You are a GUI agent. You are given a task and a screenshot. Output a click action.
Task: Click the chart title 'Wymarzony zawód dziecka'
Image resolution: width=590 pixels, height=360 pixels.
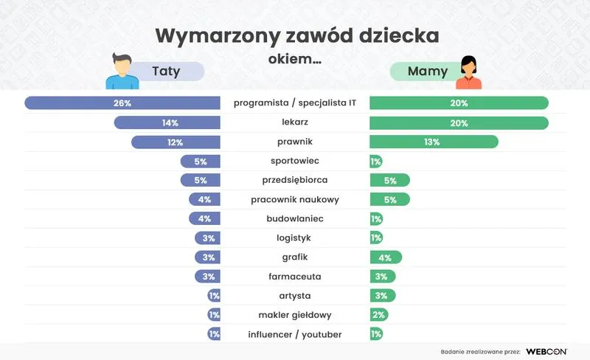point(297,36)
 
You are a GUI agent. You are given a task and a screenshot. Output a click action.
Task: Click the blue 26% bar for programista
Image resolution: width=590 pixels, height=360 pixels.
point(122,103)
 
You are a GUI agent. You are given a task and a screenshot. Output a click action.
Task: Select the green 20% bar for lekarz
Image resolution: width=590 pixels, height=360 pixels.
point(459,122)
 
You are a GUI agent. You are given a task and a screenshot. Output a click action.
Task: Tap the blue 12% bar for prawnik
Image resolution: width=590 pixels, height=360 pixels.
point(176,142)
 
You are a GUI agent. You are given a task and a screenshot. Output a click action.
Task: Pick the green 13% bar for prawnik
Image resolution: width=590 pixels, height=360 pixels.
point(434,142)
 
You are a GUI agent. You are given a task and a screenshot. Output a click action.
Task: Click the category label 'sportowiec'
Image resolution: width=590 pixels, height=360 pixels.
point(295,161)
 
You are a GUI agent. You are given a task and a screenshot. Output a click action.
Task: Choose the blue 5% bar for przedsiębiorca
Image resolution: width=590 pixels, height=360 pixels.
point(201,180)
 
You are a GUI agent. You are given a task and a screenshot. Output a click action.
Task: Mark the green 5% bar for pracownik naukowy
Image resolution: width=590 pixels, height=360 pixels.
point(389,199)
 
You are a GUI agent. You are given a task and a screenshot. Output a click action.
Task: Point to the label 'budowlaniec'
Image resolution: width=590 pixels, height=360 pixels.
point(295,219)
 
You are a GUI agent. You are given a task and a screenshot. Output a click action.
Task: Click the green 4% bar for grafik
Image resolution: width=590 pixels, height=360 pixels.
point(386,257)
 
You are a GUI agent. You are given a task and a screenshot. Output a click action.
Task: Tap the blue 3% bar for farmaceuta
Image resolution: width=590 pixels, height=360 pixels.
point(207,277)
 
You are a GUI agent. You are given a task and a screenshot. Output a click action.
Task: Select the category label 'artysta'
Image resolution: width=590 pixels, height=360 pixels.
point(295,296)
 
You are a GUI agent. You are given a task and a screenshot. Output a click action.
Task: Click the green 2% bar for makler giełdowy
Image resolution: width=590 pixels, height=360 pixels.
point(378,315)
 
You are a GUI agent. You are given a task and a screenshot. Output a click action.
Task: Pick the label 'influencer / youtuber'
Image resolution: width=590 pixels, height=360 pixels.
point(295,334)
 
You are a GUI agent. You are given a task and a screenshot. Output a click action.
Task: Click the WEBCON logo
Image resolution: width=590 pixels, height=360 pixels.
point(546,351)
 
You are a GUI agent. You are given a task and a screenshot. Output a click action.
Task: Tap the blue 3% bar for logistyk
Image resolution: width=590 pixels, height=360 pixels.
point(207,238)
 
